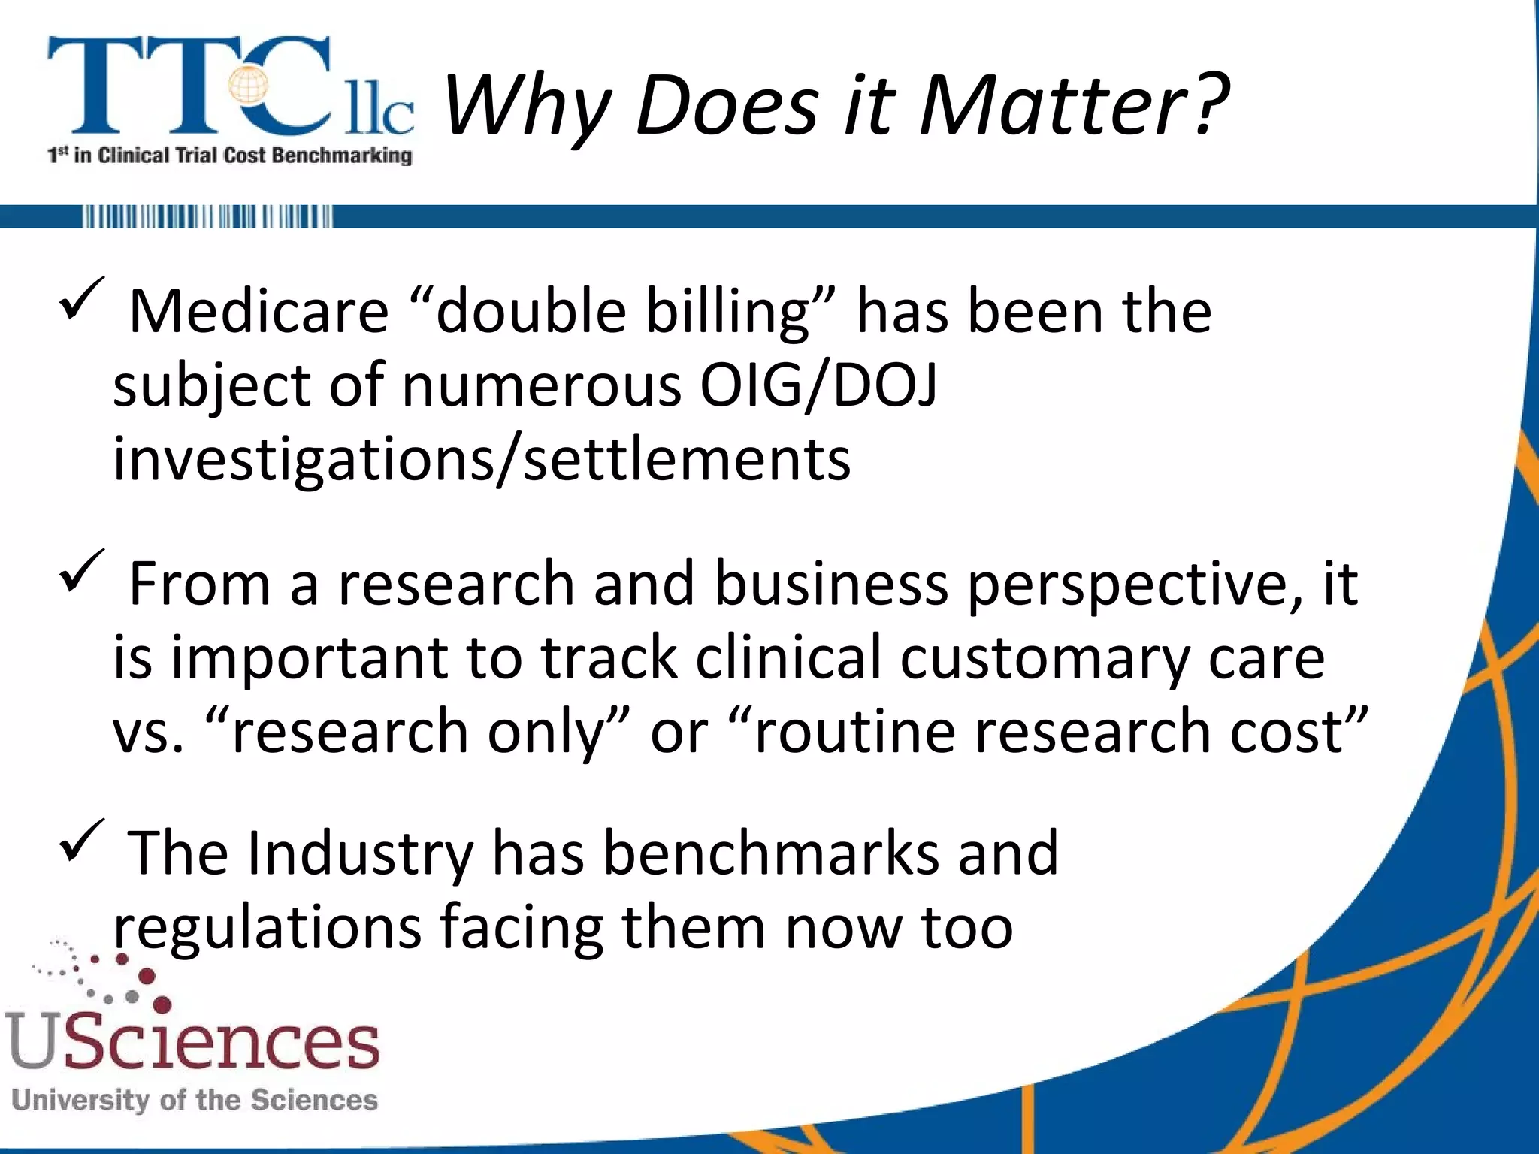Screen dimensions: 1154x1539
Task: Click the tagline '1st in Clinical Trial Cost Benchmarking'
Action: (230, 156)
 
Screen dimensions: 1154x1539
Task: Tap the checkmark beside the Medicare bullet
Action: (81, 298)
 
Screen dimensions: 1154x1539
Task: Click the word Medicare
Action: (259, 311)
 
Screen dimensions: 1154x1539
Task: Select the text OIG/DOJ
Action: (818, 385)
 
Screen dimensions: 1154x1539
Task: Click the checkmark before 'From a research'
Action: (81, 570)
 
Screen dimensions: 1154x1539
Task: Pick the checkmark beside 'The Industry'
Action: (81, 841)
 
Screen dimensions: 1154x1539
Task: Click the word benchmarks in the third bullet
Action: (771, 853)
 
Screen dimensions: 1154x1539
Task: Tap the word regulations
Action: (268, 929)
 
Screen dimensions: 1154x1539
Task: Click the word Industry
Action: (360, 853)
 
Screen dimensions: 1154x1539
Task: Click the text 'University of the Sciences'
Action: (195, 1101)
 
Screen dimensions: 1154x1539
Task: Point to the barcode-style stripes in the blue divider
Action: (207, 217)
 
